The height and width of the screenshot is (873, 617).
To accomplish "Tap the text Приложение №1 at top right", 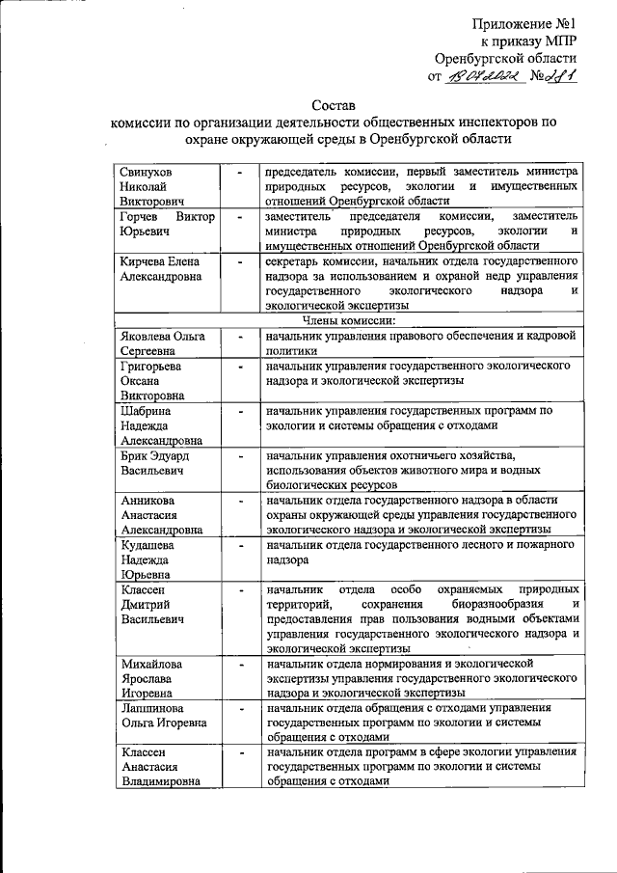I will point(524,23).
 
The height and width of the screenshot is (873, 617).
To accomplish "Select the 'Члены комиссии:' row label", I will point(356,320).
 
